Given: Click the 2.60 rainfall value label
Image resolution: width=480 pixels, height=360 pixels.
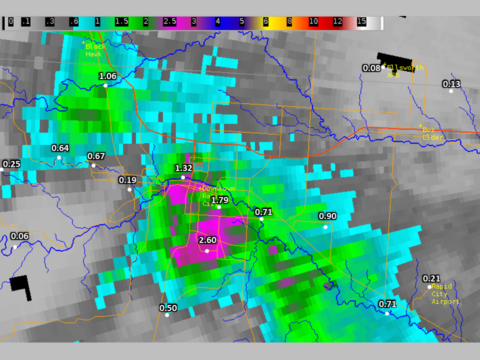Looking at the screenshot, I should point(207,240).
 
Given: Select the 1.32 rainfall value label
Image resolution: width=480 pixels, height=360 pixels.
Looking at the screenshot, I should point(183,168).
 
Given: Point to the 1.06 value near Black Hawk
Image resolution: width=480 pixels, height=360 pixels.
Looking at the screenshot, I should point(107,76).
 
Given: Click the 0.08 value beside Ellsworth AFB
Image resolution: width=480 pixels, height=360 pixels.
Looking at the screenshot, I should point(371,68).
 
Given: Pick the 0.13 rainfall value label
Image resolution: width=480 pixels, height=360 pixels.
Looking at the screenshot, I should point(451,83).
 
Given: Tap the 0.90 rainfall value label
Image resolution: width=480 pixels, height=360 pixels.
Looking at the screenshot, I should point(327,216).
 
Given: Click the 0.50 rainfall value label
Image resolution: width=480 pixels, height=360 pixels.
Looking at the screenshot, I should point(168,307).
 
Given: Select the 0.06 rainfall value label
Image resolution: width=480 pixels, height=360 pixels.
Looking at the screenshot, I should point(19,236).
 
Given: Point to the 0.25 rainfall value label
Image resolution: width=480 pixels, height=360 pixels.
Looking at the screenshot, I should point(11,164).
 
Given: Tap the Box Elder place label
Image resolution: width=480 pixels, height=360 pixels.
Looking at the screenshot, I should point(432,133).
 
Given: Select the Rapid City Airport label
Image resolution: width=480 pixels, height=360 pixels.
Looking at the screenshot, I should point(445,294).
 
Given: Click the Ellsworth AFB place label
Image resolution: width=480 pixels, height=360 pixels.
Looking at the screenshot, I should point(405,71).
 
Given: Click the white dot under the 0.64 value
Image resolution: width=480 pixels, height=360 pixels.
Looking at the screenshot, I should point(59,157).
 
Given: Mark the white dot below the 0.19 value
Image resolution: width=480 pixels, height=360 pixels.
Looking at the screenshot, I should point(129,189).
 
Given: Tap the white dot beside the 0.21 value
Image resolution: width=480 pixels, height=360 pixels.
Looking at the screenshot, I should point(429,287).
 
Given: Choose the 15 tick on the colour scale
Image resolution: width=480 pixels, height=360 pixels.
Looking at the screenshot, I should point(361,22).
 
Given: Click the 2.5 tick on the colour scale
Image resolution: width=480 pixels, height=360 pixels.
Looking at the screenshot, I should point(169,22).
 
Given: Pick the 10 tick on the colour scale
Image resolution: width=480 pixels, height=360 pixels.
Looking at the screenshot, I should point(313,22).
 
